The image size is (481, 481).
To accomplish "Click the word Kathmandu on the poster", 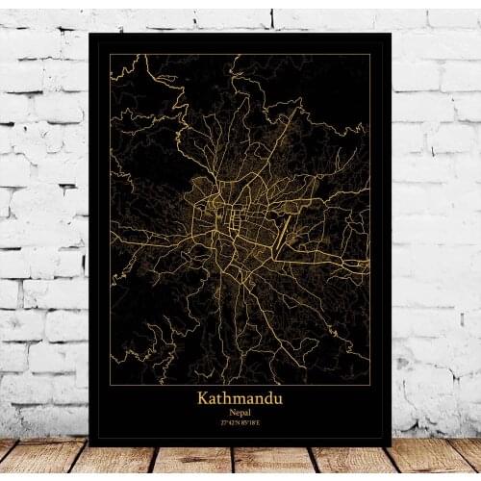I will pos(240,396).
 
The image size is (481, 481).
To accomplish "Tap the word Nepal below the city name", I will pos(240,410).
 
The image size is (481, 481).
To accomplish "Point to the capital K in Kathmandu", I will pos(204,396).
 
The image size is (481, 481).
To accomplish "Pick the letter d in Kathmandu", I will pos(267,396).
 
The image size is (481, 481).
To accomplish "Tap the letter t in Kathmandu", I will pos(221,396).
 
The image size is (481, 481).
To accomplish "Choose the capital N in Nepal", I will pos(231,410).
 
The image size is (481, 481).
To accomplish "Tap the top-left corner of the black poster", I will pos(89,34).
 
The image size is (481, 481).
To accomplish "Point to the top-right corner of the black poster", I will pos(391,34).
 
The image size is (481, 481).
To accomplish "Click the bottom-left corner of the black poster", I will pos(89,443).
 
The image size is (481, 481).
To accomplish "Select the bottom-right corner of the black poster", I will pos(391,443).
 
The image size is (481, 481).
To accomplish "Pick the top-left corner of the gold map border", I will pos(110,54).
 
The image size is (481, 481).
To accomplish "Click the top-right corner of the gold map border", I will pos(370,54).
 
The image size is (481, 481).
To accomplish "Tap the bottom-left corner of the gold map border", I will pos(110,384).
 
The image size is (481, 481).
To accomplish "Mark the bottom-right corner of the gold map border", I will pos(370,384).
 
